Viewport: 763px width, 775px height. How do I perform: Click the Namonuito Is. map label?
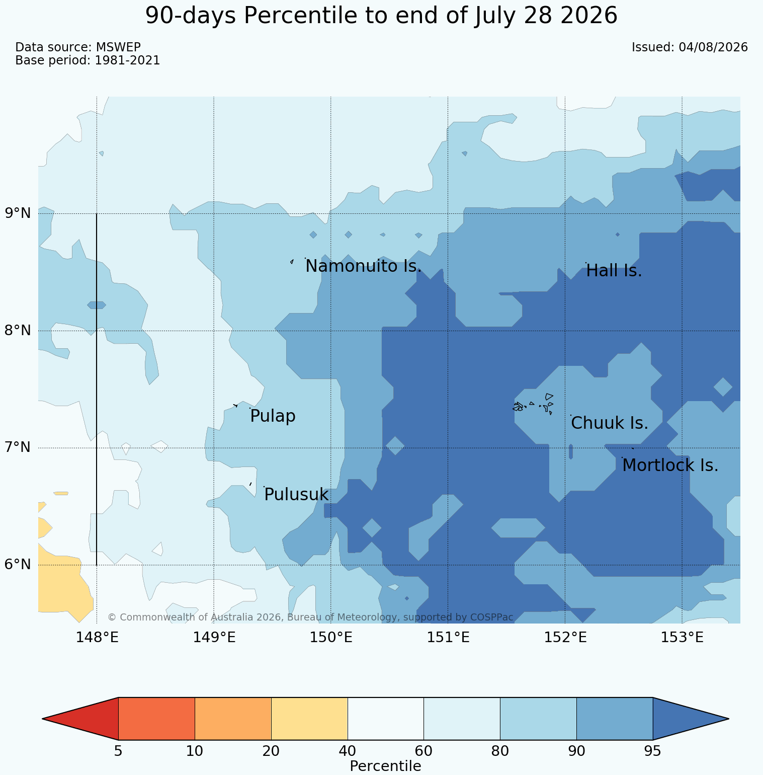click(363, 266)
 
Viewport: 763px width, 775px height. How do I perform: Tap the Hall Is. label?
click(614, 271)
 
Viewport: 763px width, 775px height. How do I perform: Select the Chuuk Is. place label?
click(610, 423)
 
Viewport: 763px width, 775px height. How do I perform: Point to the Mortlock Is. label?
click(670, 466)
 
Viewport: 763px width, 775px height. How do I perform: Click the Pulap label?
click(273, 416)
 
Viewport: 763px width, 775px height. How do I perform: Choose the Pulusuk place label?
click(296, 495)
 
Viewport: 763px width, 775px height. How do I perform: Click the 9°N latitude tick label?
click(18, 213)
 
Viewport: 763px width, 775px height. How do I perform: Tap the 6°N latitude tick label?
click(18, 565)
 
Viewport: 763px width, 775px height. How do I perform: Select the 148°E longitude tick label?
click(97, 638)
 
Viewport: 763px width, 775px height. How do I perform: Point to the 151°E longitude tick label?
click(448, 638)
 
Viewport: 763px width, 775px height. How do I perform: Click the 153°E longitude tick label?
click(682, 638)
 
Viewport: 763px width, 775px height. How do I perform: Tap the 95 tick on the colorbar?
click(653, 751)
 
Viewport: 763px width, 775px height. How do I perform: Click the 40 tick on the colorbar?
click(348, 751)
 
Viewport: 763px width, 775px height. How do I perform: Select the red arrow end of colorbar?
click(80, 719)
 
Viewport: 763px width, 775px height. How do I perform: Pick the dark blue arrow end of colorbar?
click(691, 719)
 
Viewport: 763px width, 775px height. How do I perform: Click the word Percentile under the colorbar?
click(385, 766)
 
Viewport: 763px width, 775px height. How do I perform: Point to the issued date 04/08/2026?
click(713, 47)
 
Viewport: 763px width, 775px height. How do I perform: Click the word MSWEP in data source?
click(118, 47)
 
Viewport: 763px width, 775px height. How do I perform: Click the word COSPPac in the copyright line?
click(491, 617)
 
